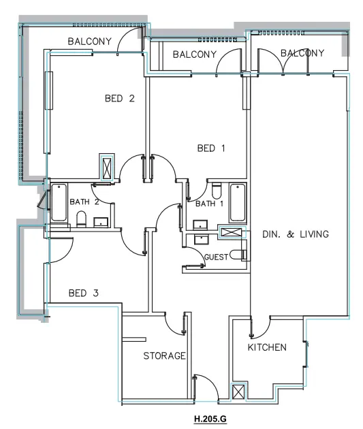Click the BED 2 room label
(x=119, y=99)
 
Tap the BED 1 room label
(x=210, y=148)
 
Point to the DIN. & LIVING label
(x=296, y=234)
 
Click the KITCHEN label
(x=267, y=347)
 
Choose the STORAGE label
(x=164, y=356)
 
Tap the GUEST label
(x=216, y=257)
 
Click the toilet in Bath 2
(x=80, y=219)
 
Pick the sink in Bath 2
(x=100, y=221)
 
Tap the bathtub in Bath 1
(x=237, y=202)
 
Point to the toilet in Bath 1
(x=216, y=189)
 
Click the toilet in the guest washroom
(x=238, y=255)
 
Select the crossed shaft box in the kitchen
(x=239, y=393)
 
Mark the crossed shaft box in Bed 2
(x=108, y=166)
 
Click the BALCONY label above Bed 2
(x=89, y=42)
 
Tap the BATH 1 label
(x=208, y=204)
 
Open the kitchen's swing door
(x=257, y=330)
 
